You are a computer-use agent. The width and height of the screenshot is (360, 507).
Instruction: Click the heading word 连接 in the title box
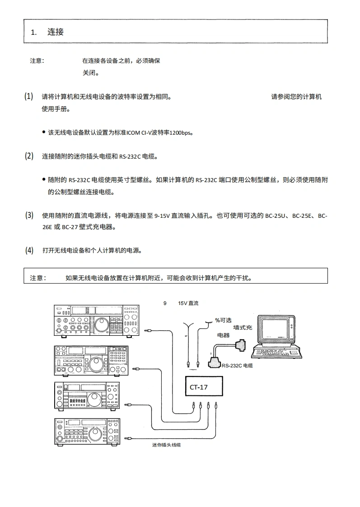(56, 32)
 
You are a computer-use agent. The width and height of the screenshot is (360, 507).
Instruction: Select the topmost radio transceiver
(96, 321)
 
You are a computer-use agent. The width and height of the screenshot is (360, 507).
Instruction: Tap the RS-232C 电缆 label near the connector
(237, 366)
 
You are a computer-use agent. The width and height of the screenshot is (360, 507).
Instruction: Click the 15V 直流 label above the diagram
(188, 304)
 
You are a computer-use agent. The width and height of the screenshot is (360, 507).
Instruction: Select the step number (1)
(29, 97)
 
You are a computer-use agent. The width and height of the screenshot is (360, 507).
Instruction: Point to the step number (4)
(29, 250)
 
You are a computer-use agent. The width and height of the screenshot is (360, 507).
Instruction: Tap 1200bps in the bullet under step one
(181, 133)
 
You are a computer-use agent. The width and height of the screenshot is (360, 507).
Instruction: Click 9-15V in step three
(162, 216)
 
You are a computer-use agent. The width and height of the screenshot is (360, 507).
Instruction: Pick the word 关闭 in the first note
(88, 72)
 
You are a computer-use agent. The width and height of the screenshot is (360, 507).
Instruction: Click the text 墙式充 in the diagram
(243, 328)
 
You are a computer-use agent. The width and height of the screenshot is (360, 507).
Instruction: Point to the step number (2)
(29, 156)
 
